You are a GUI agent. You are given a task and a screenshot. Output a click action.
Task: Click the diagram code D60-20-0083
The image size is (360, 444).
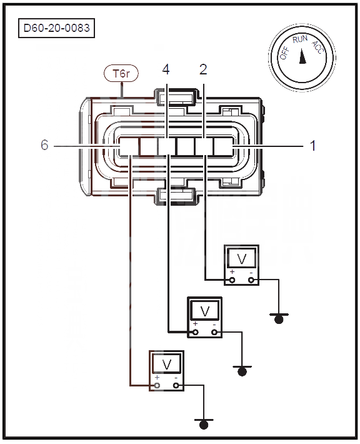[x=57, y=28]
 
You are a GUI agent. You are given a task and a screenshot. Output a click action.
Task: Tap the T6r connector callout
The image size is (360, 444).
[x=121, y=74]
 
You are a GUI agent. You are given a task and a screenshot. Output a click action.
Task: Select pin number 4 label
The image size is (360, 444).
[x=166, y=69]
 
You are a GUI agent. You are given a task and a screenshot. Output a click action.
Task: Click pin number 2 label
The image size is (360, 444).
[x=203, y=69]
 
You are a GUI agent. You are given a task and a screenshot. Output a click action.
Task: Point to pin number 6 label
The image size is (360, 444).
[x=44, y=144]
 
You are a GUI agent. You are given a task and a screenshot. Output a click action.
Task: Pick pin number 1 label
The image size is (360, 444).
[x=312, y=146]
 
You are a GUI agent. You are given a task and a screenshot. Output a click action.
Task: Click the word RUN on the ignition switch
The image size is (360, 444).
[x=300, y=39]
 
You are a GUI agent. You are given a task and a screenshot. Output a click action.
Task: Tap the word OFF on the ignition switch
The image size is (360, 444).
[x=285, y=53]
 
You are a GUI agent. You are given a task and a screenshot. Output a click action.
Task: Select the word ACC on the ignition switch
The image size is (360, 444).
[x=317, y=47]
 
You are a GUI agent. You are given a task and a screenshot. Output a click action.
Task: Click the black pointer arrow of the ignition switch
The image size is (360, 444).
[x=302, y=56]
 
